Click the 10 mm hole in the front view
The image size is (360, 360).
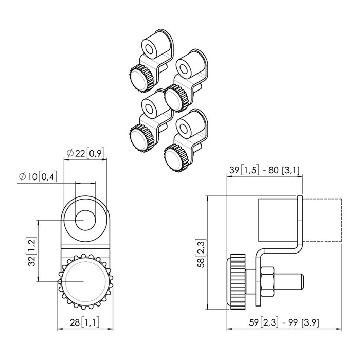pos(85,220)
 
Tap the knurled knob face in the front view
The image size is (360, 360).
pos(85,281)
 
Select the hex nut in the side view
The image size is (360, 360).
pos(267,281)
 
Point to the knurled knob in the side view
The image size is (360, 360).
pos(237,281)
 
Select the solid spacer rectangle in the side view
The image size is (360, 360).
pos(278,220)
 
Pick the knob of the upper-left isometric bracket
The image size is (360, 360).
pos(141,79)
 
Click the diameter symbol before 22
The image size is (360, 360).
pos(70,153)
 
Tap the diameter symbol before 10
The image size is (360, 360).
pos(23,176)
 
